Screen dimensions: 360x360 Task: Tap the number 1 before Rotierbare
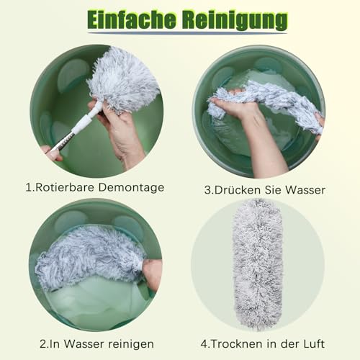[29, 187]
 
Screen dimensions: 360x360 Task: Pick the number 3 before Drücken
[207, 191]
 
